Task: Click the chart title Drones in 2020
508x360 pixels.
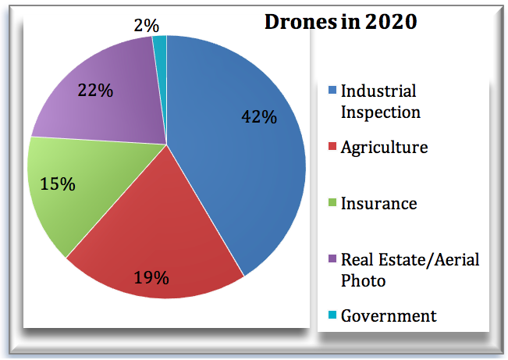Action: pos(340,22)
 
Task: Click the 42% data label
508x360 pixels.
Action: pos(258,117)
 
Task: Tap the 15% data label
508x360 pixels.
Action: pos(58,184)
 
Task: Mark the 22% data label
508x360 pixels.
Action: pos(95,90)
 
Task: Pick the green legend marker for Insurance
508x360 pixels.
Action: pos(331,205)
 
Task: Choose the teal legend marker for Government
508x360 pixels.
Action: pos(331,316)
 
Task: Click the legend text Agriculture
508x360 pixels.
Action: pos(384,148)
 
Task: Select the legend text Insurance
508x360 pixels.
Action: pos(378,204)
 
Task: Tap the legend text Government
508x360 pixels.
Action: pos(388,315)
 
